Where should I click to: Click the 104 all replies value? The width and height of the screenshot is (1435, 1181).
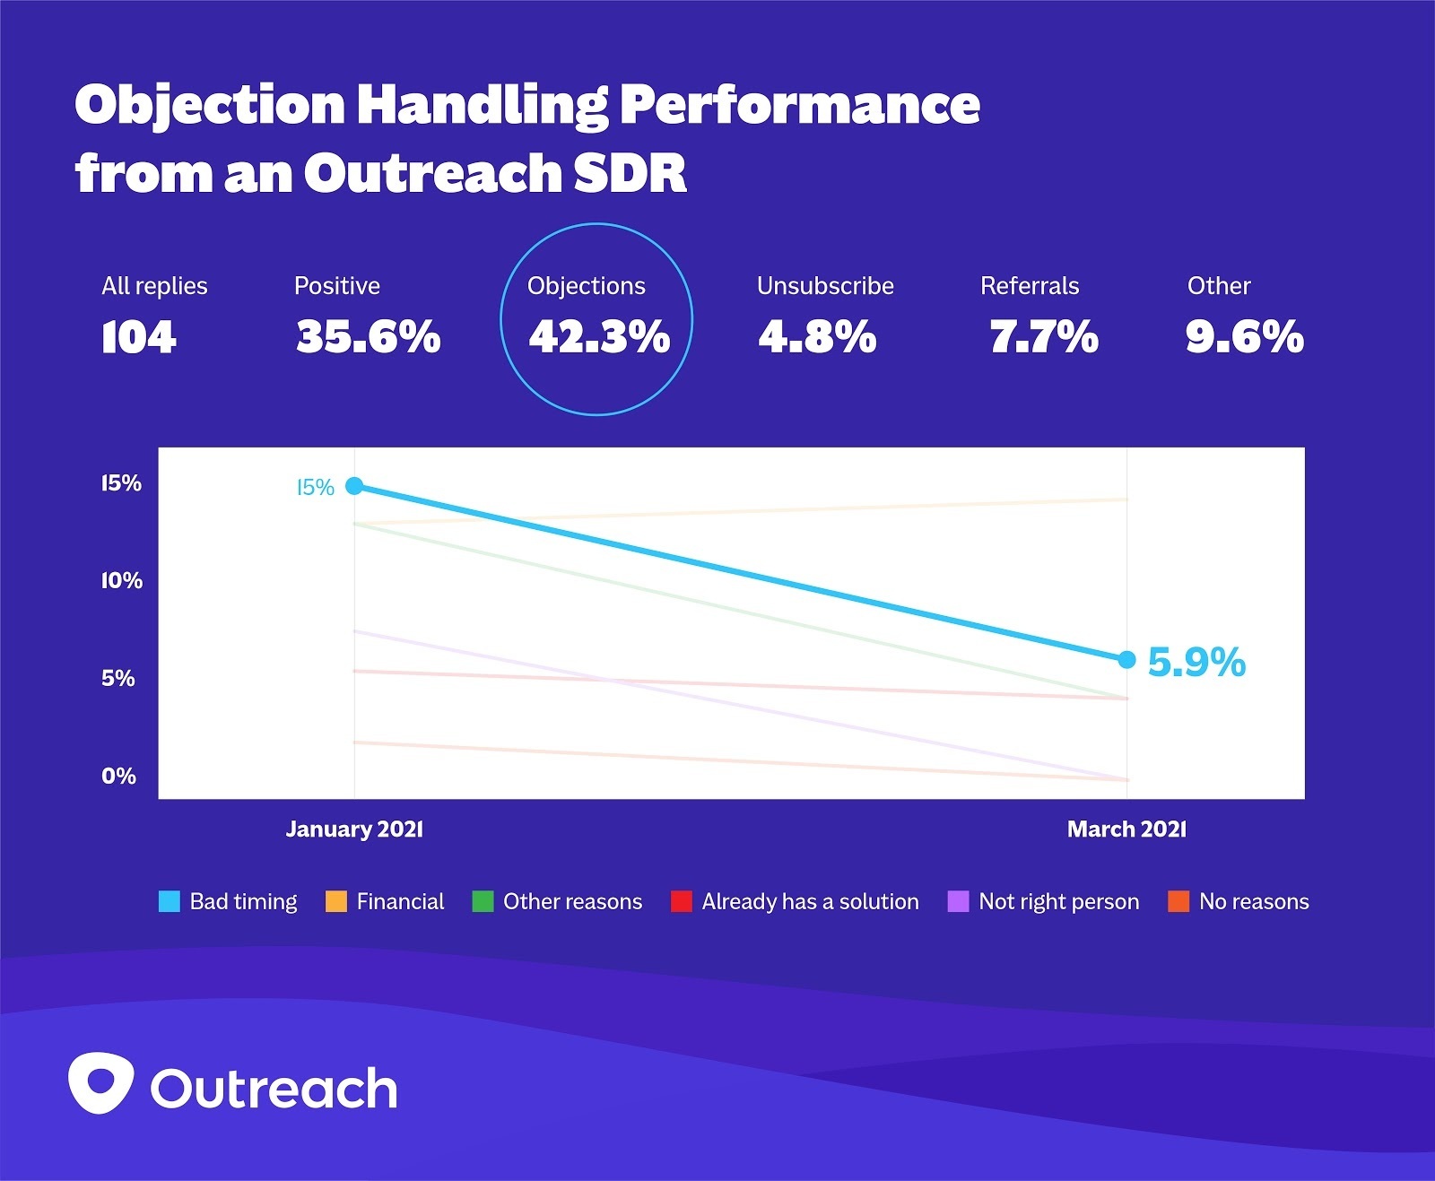[139, 337]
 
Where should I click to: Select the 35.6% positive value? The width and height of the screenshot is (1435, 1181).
[369, 337]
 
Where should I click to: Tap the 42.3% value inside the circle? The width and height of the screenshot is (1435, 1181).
[599, 337]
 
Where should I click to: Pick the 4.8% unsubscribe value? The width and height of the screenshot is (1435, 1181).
[817, 337]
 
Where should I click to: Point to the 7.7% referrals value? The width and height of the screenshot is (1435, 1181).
[1044, 337]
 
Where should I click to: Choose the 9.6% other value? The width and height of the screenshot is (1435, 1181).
[1244, 337]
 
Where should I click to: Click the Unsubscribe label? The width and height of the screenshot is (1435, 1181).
[825, 286]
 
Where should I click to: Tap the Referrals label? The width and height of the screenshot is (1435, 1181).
[1030, 286]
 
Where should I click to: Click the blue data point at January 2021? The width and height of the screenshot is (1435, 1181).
[354, 486]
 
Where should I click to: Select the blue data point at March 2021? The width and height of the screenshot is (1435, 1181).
[1126, 660]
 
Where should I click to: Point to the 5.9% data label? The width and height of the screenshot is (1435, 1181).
[1196, 663]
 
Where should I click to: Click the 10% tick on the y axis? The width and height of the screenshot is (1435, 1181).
[122, 581]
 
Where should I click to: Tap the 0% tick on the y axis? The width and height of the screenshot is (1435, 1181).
[118, 776]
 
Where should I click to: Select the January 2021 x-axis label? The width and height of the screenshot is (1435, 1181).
[354, 829]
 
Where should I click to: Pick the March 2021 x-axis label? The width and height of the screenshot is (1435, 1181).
[1126, 829]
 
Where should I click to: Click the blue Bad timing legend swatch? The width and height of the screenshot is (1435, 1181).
[170, 901]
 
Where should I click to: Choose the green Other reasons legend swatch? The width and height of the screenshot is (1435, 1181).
[483, 901]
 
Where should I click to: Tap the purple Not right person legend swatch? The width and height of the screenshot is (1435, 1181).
[959, 901]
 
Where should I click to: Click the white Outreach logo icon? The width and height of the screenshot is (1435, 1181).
[101, 1083]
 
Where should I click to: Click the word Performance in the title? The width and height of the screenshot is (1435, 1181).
[799, 105]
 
